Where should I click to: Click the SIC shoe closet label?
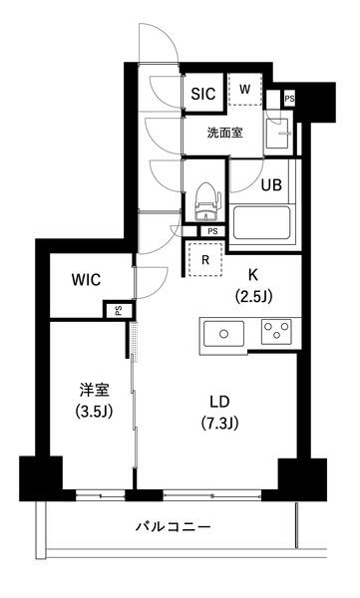[x=203, y=94]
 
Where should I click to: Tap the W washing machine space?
[x=245, y=90]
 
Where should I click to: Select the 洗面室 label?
[x=224, y=133]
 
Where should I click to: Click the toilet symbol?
[x=205, y=201]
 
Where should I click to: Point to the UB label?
[x=271, y=185]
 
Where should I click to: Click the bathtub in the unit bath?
[x=261, y=222]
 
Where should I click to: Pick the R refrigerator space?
[x=205, y=259]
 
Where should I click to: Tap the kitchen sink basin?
[x=223, y=334]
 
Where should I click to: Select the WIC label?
[x=87, y=280]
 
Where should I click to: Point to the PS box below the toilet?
[x=212, y=231]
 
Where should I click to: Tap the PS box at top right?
[x=289, y=99]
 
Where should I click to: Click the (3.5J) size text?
[x=94, y=412]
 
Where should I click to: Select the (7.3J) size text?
[x=220, y=423]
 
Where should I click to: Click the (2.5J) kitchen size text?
[x=254, y=296]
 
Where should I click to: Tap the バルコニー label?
[x=173, y=527]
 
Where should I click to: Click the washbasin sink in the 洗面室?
[x=277, y=134]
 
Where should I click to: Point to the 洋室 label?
[x=94, y=390]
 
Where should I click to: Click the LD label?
[x=219, y=402]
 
